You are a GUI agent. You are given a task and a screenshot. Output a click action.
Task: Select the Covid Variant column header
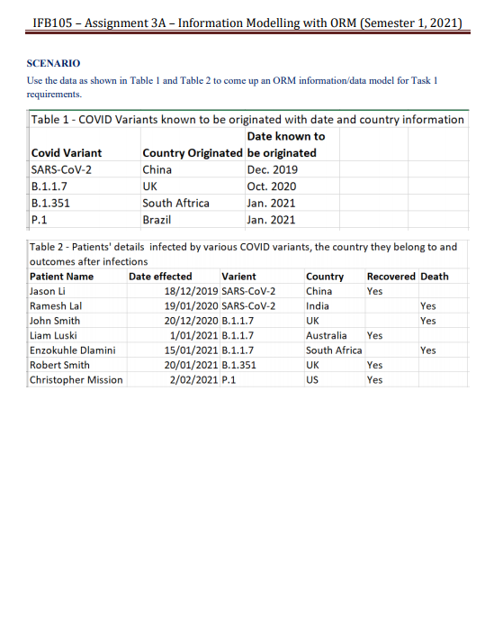67,153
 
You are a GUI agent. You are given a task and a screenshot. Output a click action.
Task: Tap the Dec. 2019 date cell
271,169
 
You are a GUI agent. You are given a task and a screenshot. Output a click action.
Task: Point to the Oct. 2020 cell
271,186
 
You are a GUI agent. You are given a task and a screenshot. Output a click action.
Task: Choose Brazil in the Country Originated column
157,220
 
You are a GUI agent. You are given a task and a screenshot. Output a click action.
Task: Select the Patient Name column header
61,276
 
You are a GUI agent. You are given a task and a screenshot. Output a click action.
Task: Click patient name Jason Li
49,291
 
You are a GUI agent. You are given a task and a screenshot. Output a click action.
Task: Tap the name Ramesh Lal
56,305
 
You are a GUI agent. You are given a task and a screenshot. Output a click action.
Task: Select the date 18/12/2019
191,291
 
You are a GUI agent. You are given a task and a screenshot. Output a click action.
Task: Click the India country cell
318,305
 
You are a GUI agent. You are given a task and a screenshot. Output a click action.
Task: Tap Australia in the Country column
326,335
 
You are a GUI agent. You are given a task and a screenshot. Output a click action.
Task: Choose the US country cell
312,379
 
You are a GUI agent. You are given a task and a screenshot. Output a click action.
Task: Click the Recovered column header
391,276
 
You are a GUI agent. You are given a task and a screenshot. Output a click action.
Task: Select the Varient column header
238,276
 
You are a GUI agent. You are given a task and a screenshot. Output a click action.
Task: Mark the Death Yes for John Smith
428,321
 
